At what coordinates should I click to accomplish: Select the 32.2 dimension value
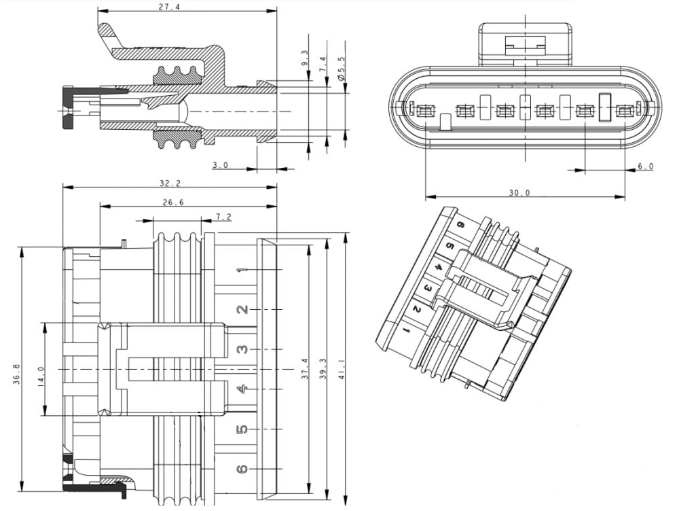click(170, 183)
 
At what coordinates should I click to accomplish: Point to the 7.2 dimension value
click(223, 217)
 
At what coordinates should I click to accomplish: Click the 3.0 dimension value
click(220, 165)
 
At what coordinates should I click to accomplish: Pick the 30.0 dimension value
click(519, 193)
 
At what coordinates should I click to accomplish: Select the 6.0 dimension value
click(645, 166)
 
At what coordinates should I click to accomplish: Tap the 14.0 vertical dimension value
click(40, 374)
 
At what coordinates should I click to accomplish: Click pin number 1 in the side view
click(240, 271)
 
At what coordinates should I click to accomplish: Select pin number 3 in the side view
click(241, 349)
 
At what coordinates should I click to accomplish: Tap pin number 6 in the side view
click(241, 469)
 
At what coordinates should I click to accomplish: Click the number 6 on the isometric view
click(460, 225)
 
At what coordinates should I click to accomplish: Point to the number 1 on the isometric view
click(405, 330)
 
